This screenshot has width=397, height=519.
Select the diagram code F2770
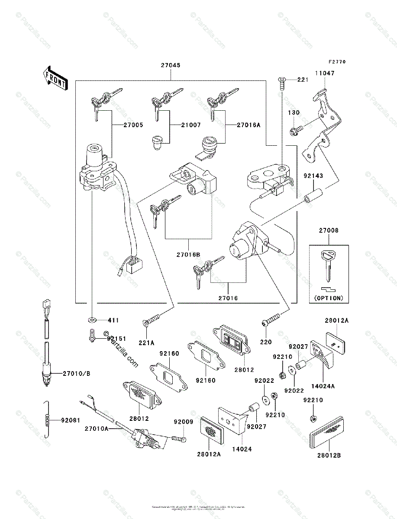click(x=336, y=62)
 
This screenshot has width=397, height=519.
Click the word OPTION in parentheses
click(x=329, y=298)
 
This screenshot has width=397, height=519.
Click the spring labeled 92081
click(x=49, y=419)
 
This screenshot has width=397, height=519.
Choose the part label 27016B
click(x=188, y=255)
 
